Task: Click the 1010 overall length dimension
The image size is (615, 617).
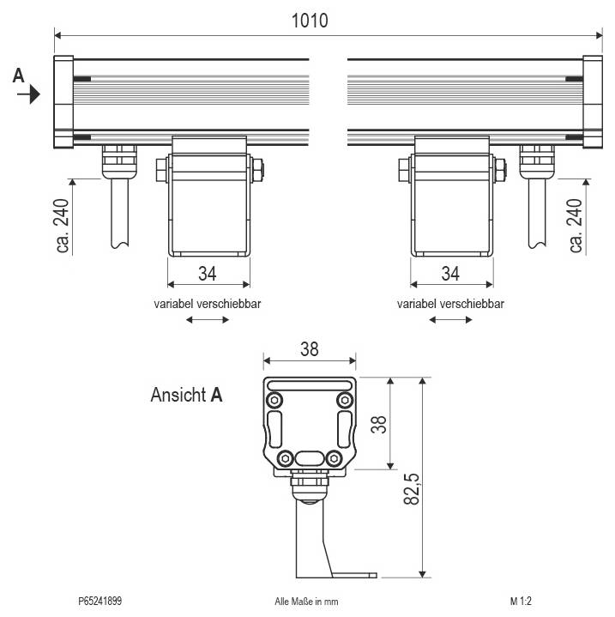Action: pyautogui.click(x=310, y=20)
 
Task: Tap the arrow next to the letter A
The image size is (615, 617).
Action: pyautogui.click(x=29, y=94)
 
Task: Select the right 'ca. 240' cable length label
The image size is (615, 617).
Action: pyautogui.click(x=576, y=225)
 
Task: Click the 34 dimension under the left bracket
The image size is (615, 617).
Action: pyautogui.click(x=207, y=274)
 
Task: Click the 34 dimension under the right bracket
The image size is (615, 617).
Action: pyautogui.click(x=449, y=274)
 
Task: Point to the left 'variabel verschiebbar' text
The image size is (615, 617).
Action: pyautogui.click(x=208, y=304)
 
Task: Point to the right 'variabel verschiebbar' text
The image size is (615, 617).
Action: pyautogui.click(x=450, y=304)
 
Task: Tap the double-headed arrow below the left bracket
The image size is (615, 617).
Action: pyautogui.click(x=208, y=320)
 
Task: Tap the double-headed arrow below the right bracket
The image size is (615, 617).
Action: pyautogui.click(x=450, y=320)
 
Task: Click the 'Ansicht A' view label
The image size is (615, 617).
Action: pyautogui.click(x=186, y=396)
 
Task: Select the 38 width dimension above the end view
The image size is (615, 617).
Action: pyautogui.click(x=310, y=349)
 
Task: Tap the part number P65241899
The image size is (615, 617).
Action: pyautogui.click(x=99, y=602)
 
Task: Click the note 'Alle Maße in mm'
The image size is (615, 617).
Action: pyautogui.click(x=312, y=602)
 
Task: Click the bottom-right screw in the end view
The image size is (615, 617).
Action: pyautogui.click(x=344, y=457)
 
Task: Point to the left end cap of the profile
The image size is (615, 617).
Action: pyautogui.click(x=63, y=102)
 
